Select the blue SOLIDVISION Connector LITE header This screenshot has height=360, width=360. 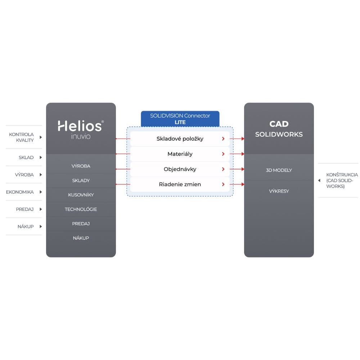tap(180, 119)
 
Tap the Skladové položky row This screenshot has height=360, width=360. tap(180, 139)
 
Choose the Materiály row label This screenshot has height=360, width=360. tap(180, 154)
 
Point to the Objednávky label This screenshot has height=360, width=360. tap(180, 169)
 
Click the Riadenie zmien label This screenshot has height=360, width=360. tap(180, 184)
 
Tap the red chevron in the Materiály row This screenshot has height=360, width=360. tap(223, 154)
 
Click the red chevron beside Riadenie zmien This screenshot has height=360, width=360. tap(223, 184)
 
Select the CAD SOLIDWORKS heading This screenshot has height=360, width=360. tap(279, 129)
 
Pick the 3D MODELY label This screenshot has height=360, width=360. tap(279, 170)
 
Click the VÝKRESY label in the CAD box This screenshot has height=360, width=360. tap(279, 191)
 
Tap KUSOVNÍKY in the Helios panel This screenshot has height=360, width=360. tap(81, 195)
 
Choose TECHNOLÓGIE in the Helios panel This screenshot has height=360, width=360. tap(81, 209)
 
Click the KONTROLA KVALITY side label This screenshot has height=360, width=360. tap(21, 137)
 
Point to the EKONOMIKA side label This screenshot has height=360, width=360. tap(20, 192)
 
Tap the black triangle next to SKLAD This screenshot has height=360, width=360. tap(41, 157)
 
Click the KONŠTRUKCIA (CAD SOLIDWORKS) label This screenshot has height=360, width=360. tap(342, 180)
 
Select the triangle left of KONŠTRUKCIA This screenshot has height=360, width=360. tap(319, 180)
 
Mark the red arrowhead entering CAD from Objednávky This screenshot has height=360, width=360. tap(243, 169)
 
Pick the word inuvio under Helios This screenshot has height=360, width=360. tap(81, 136)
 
